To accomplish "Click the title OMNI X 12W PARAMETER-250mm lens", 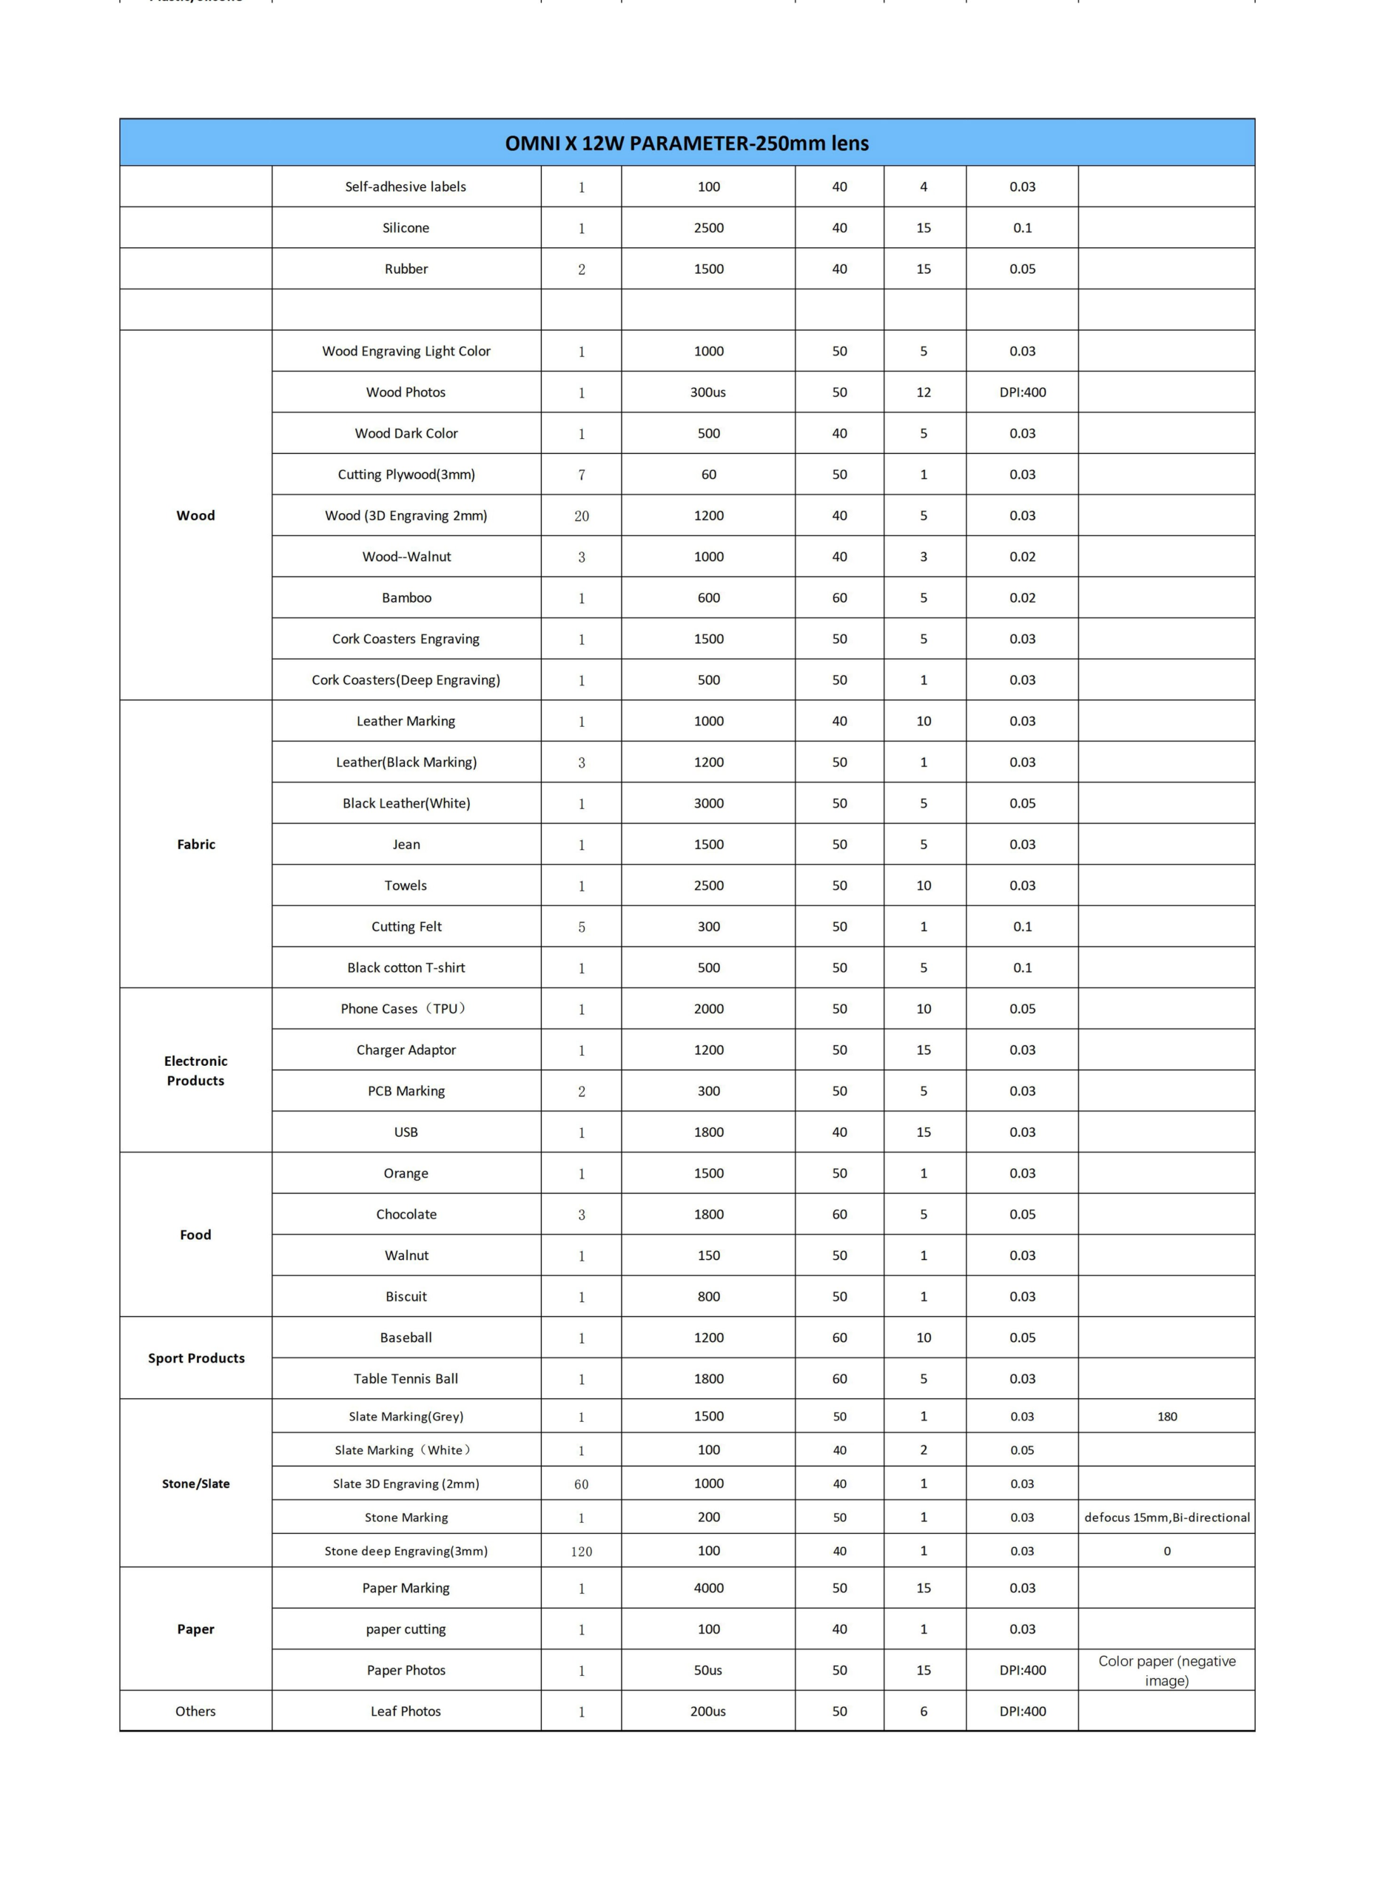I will tap(687, 143).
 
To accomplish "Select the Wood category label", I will tap(195, 515).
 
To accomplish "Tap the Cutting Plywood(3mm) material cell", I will tap(406, 474).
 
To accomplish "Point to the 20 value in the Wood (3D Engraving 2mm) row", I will tap(582, 517).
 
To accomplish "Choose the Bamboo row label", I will tap(406, 597).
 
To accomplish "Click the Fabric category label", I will tap(195, 844).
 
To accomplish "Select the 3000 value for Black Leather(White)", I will tap(708, 803).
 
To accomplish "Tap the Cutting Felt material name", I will tap(406, 927).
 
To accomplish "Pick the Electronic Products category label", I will tap(195, 1070).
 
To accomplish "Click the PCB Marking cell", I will tap(406, 1091).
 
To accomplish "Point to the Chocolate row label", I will tap(406, 1214).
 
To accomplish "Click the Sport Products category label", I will tap(196, 1358).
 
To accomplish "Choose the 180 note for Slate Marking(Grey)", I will tap(1167, 1416).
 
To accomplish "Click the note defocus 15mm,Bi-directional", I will tap(1167, 1517).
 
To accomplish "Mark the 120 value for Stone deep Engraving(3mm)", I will tap(582, 1552).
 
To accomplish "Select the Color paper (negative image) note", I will tap(1167, 1671).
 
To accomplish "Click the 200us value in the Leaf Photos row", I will tap(707, 1711).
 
